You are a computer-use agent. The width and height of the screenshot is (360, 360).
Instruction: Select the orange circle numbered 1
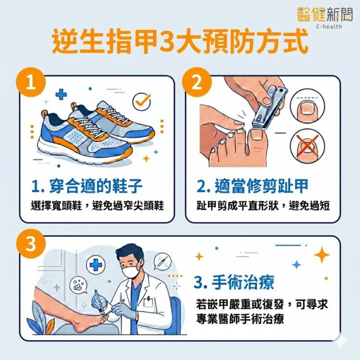click(x=31, y=83)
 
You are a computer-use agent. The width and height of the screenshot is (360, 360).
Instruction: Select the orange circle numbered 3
click(x=31, y=244)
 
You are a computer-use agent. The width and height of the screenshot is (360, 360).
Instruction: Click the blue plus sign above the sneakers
click(x=61, y=95)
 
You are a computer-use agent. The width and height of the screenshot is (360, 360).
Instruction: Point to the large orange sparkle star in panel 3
click(x=322, y=255)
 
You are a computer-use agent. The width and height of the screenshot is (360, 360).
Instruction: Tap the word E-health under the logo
click(x=329, y=26)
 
